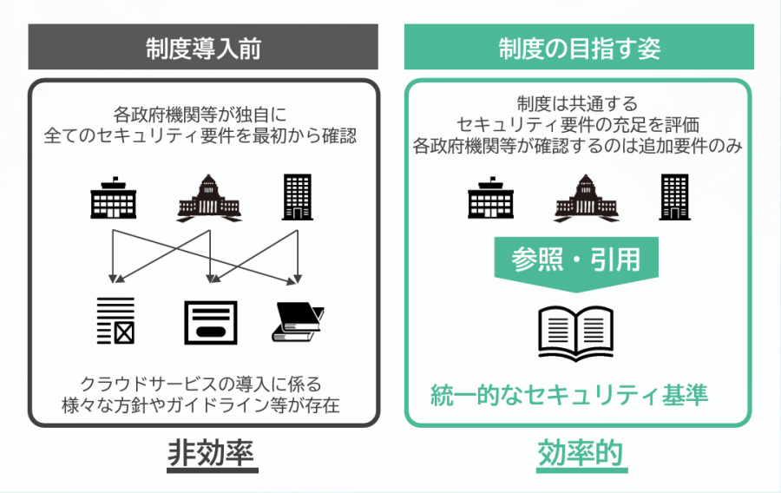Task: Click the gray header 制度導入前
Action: (x=204, y=49)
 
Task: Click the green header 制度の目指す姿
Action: (x=579, y=49)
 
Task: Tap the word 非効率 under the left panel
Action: (x=204, y=453)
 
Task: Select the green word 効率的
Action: (x=579, y=453)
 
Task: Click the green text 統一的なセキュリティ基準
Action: (x=570, y=395)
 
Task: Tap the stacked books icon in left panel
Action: (x=298, y=323)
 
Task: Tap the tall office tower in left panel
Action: (x=298, y=196)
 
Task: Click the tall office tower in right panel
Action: (x=674, y=196)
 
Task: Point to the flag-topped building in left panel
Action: (x=115, y=199)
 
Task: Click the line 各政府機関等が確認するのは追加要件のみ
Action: (x=577, y=145)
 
